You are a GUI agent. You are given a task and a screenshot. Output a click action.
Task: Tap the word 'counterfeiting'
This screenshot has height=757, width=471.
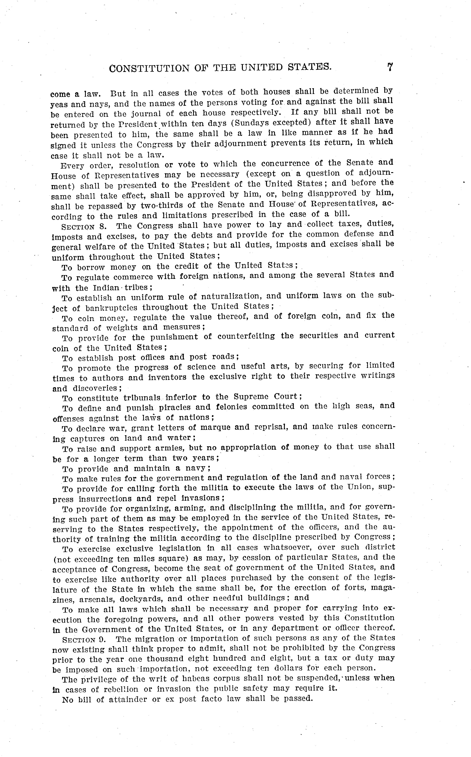pos(246,336)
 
